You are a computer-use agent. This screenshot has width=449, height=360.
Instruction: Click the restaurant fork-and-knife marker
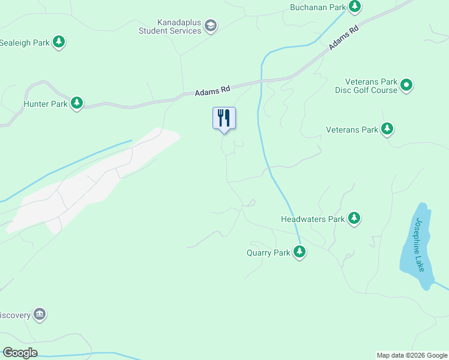click(224, 118)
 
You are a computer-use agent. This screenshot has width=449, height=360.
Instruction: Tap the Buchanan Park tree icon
click(355, 7)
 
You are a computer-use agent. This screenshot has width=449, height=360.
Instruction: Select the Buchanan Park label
click(318, 7)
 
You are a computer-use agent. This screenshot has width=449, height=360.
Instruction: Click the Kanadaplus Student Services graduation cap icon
click(210, 25)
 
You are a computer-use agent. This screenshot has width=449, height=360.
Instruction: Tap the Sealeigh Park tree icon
click(58, 42)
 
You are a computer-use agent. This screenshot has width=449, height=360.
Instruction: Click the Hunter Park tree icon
click(77, 103)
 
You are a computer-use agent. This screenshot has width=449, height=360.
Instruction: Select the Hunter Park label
click(45, 104)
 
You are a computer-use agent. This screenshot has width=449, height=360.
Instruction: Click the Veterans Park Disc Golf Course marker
click(406, 85)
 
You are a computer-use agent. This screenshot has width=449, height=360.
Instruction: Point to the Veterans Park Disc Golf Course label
click(371, 86)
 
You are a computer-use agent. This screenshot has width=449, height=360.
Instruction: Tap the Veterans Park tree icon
click(387, 129)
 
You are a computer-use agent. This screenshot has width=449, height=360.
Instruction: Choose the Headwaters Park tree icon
click(354, 218)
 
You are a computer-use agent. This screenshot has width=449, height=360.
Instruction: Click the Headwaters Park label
click(313, 219)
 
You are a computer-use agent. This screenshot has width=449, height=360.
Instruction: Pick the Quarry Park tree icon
click(300, 252)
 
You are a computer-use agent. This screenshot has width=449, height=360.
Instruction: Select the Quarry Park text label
click(268, 253)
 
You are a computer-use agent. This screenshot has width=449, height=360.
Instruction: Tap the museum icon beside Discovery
click(40, 314)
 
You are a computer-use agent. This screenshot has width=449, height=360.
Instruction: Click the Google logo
click(20, 353)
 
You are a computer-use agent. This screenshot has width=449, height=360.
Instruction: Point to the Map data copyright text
click(412, 355)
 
